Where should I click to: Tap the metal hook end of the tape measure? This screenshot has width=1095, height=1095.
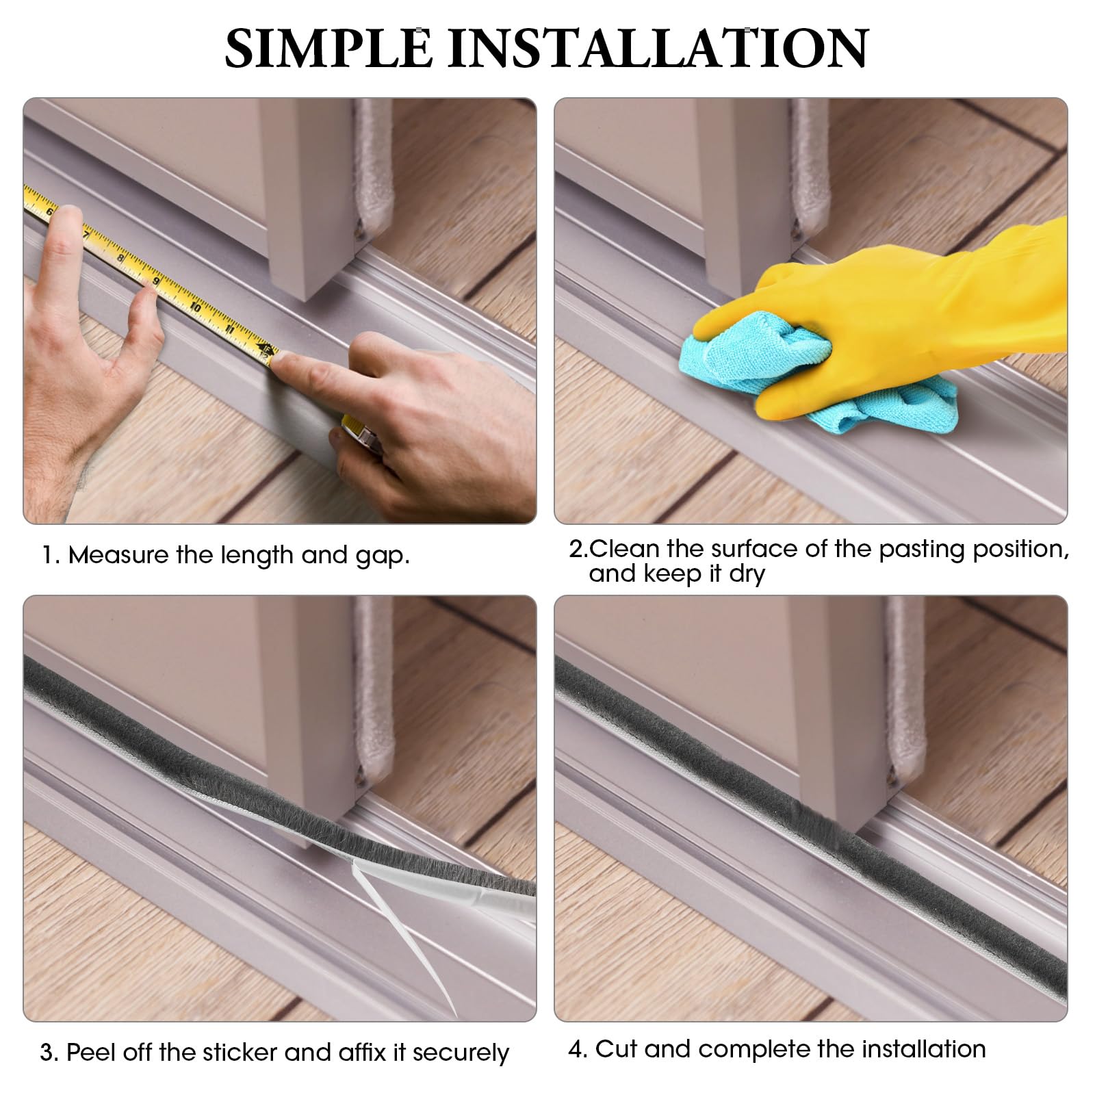click(x=268, y=355)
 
